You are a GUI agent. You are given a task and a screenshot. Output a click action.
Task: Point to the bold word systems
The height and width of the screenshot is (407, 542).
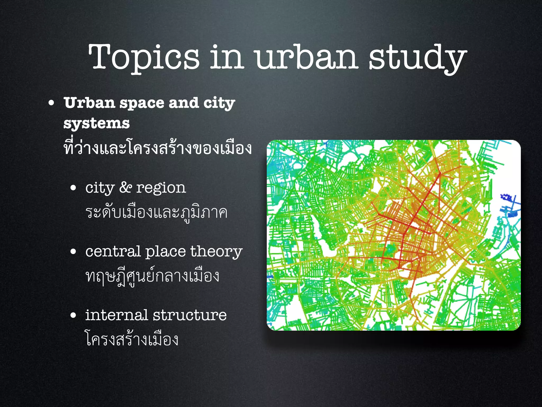(x=97, y=123)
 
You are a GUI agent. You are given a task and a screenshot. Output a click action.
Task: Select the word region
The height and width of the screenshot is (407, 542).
(x=161, y=189)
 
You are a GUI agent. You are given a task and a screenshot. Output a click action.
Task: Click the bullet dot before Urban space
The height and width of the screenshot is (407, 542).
(x=51, y=103)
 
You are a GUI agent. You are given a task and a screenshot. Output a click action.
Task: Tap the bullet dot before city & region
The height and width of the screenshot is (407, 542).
(x=73, y=188)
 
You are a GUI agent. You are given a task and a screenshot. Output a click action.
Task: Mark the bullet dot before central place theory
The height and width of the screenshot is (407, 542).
(x=73, y=252)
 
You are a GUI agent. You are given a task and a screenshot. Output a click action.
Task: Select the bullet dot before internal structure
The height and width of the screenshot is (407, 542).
(x=73, y=315)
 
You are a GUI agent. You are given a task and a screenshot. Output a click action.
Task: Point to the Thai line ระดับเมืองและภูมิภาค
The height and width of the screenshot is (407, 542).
(x=156, y=213)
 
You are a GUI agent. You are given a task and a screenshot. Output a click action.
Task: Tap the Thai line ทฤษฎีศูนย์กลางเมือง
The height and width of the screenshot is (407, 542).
(x=152, y=276)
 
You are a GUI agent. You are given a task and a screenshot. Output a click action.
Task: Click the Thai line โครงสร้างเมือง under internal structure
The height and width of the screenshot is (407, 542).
(x=132, y=339)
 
